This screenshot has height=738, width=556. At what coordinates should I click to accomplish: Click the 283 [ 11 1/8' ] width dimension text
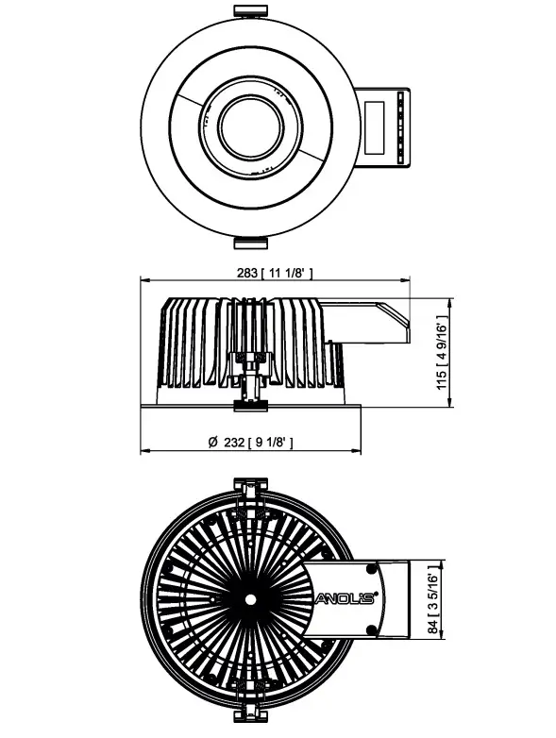pyautogui.click(x=274, y=273)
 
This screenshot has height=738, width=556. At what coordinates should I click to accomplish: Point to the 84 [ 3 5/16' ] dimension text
pyautogui.click(x=433, y=597)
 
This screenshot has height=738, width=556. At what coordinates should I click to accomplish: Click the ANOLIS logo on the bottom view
pyautogui.click(x=345, y=597)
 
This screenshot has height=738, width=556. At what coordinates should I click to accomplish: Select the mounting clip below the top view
pyautogui.click(x=248, y=243)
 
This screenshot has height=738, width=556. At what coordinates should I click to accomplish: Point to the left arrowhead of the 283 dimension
pyautogui.click(x=144, y=280)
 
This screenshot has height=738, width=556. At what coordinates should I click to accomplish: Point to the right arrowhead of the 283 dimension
pyautogui.click(x=408, y=280)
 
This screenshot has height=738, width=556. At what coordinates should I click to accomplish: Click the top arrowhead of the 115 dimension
pyautogui.click(x=449, y=303)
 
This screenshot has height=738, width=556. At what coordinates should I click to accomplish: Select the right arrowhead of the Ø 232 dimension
pyautogui.click(x=359, y=449)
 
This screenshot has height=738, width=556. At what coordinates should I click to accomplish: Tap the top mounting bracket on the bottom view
pyautogui.click(x=249, y=489)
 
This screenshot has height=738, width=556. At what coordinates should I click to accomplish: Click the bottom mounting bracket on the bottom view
pyautogui.click(x=249, y=710)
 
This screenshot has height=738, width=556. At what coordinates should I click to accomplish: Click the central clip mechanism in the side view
pyautogui.click(x=250, y=377)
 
